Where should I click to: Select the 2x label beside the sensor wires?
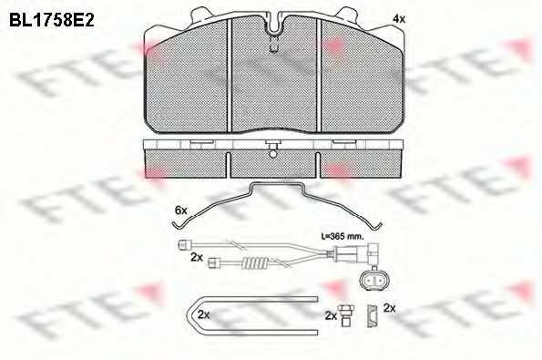pos(196,259)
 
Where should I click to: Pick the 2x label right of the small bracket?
pos(390,309)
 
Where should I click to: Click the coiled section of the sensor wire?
pos(251,265)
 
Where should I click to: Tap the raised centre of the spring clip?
pos(274,187)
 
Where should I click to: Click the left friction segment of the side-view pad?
pos(187,161)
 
